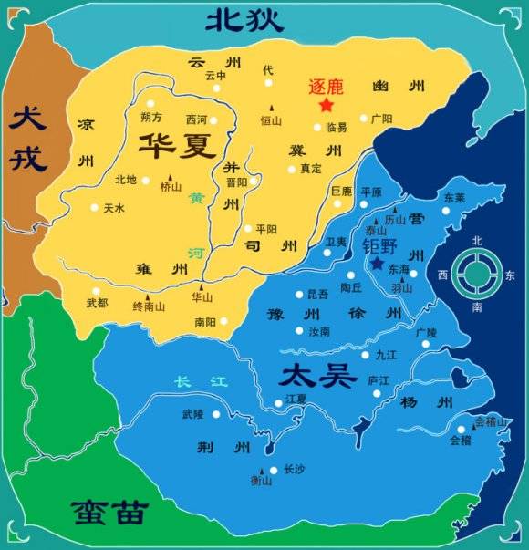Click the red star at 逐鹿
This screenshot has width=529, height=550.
click(326, 105)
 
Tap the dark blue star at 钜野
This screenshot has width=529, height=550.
click(377, 264)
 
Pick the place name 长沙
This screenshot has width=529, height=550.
click(294, 470)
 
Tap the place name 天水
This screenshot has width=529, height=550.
click(113, 209)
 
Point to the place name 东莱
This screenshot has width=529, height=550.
click(453, 197)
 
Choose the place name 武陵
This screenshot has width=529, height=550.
click(192, 414)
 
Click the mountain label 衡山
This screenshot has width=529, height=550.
click(261, 482)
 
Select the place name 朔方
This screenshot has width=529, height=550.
click(151, 118)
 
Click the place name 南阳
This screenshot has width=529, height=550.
click(205, 322)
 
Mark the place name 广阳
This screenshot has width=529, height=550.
click(381, 118)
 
